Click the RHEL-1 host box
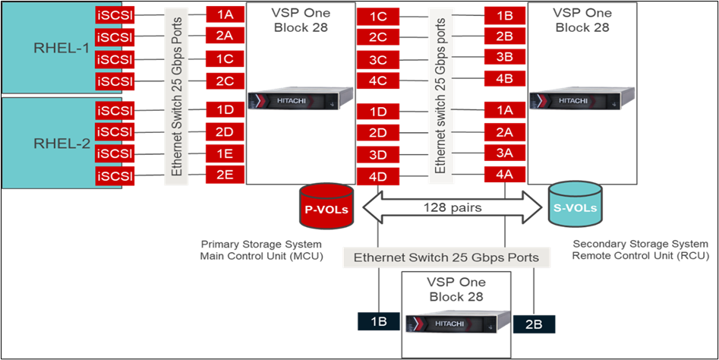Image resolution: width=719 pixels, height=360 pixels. pyautogui.click(x=46, y=47)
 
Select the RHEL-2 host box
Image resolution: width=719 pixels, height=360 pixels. pyautogui.click(x=46, y=142)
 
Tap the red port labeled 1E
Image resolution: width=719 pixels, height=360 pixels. pyautogui.click(x=225, y=154)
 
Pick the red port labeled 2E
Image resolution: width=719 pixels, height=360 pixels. pyautogui.click(x=225, y=176)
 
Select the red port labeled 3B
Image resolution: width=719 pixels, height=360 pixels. pyautogui.click(x=504, y=57)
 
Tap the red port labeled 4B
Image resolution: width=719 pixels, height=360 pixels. pyautogui.click(x=504, y=78)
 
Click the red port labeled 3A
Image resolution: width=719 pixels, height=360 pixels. pyautogui.click(x=504, y=153)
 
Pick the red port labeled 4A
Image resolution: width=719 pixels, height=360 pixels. pyautogui.click(x=504, y=175)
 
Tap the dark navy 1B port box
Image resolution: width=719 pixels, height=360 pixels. pyautogui.click(x=379, y=321)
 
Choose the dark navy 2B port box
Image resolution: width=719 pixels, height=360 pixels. pyautogui.click(x=534, y=324)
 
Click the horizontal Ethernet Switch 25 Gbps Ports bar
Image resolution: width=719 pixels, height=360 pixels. pyautogui.click(x=446, y=257)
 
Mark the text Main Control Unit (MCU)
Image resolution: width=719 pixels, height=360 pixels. pyautogui.click(x=260, y=255)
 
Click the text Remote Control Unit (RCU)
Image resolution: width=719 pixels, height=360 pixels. pyautogui.click(x=640, y=255)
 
